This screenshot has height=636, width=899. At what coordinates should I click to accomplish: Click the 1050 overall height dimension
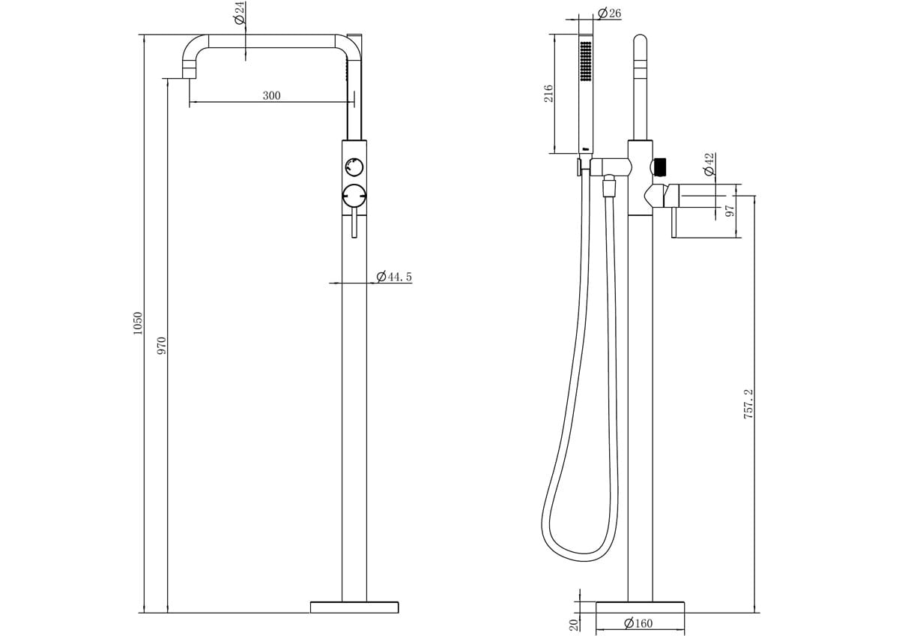click(x=138, y=323)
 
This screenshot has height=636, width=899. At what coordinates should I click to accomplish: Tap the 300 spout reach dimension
click(x=271, y=95)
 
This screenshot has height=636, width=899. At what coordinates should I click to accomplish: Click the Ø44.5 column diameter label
click(x=394, y=277)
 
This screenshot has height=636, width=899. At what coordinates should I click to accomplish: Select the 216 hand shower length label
click(x=548, y=94)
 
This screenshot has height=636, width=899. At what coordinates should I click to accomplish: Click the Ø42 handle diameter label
click(x=709, y=164)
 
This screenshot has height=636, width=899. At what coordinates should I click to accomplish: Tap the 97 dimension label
click(x=730, y=211)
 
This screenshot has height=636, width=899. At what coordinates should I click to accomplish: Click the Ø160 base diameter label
click(x=638, y=623)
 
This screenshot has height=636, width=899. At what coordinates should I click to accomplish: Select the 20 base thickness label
click(x=573, y=624)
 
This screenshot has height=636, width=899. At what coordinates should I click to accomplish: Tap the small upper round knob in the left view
click(x=354, y=166)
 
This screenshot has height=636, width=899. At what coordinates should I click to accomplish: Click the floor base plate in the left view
click(x=354, y=607)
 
